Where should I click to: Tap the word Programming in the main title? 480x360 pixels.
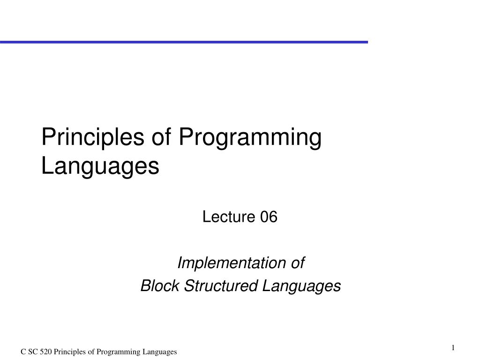pyautogui.click(x=250, y=138)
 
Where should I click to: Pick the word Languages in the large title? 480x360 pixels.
pyautogui.click(x=100, y=166)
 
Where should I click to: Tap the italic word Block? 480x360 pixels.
pyautogui.click(x=160, y=285)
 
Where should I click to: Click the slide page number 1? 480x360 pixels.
pyautogui.click(x=453, y=347)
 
